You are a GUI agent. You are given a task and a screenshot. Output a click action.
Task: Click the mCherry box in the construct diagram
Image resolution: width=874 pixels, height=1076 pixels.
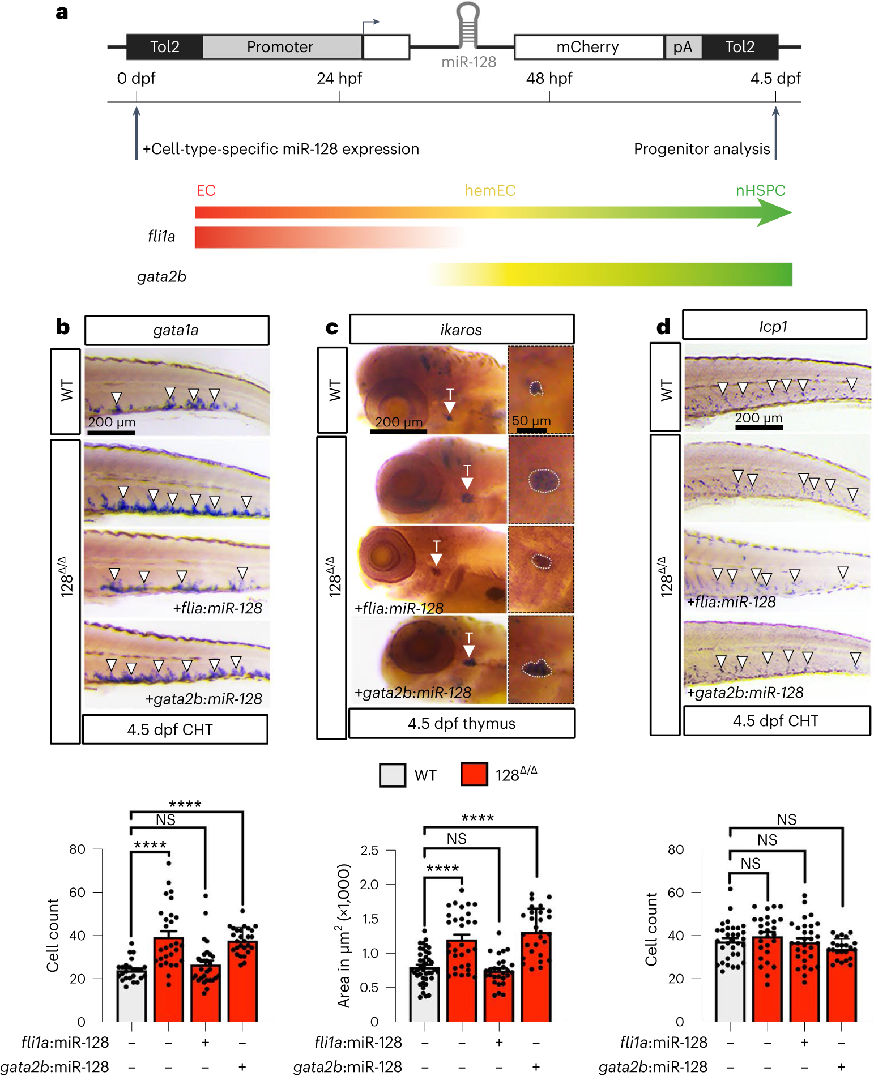point(588,47)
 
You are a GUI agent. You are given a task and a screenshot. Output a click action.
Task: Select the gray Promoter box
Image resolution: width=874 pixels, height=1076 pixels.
point(281,47)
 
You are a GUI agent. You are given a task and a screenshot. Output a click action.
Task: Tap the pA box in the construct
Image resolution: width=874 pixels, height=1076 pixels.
point(683,47)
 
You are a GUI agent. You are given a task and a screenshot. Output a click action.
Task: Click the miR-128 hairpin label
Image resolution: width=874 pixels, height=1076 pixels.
point(468,62)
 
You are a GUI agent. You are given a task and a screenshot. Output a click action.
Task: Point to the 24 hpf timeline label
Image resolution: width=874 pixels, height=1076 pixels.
point(339,78)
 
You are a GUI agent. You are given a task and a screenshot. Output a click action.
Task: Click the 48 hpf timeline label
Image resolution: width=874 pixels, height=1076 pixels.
point(549,78)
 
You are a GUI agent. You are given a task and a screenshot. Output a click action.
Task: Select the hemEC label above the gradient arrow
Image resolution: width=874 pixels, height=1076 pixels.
point(490,190)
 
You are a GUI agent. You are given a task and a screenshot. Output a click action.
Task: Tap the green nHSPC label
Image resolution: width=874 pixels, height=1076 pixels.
point(760,190)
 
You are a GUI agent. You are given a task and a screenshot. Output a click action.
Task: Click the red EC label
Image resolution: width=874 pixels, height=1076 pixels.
point(206,190)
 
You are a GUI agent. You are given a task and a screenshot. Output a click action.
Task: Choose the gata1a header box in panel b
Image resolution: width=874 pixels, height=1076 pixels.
point(176,330)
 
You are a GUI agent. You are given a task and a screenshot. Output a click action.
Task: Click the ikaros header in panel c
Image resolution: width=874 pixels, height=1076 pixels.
point(461,330)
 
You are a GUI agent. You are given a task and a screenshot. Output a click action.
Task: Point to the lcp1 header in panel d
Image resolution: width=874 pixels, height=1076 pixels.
point(774,326)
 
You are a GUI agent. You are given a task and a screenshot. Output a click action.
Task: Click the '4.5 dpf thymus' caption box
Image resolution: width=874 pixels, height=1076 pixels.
point(461,723)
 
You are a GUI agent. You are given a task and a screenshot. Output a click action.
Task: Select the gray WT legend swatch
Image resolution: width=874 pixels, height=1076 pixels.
point(392,775)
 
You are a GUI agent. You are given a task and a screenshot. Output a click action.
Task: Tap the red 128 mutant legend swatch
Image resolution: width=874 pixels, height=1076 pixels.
point(474,775)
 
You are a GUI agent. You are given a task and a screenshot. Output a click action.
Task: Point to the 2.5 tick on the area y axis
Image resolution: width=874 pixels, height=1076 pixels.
point(369,850)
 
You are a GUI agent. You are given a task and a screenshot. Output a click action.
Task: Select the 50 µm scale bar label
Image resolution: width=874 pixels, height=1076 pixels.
point(531,421)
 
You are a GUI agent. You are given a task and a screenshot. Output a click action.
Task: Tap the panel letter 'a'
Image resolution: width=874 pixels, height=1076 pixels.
point(62,12)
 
